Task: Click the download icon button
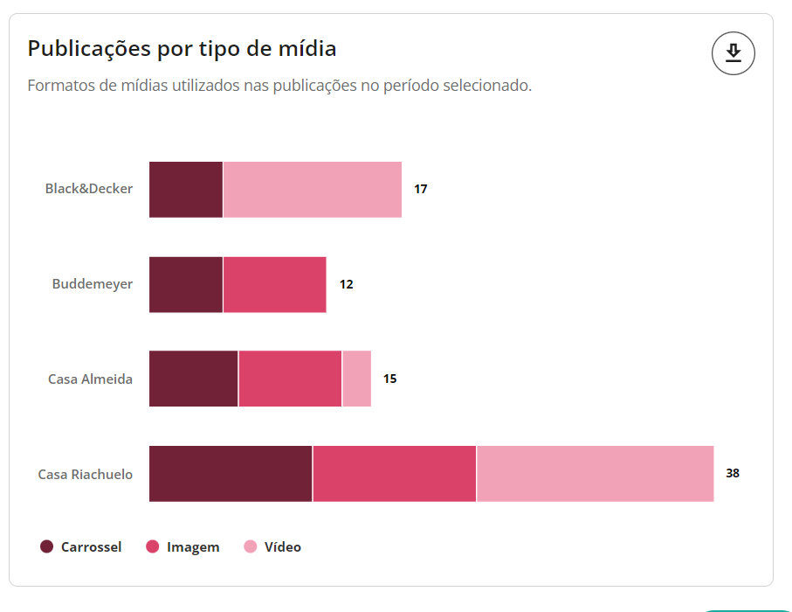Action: [x=733, y=53]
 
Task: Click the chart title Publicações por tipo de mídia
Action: [x=182, y=48]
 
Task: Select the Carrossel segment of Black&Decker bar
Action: [x=186, y=190]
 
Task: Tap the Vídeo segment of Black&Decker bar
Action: [x=313, y=190]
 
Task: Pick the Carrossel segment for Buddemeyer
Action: [x=186, y=284]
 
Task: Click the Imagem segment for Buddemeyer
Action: [x=274, y=284]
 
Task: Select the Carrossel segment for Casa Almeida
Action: [x=193, y=379]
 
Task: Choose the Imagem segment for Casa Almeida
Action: [x=290, y=379]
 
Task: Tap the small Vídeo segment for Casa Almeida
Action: [x=356, y=379]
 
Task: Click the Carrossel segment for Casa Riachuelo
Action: [x=231, y=474]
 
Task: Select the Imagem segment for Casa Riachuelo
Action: [x=395, y=474]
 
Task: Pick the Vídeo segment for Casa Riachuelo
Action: [x=595, y=474]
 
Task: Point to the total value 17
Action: [x=421, y=189]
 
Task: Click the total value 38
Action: [x=733, y=473]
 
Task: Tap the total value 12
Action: [x=347, y=284]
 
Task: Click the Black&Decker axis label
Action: [x=89, y=189]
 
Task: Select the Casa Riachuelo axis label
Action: [x=86, y=474]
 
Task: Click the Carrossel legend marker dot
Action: [x=47, y=547]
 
